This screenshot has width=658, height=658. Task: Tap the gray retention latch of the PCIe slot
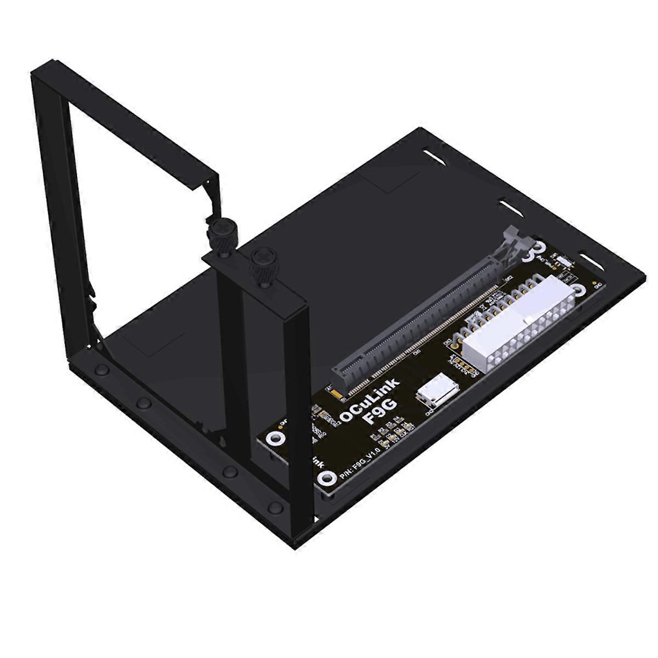[x=513, y=241]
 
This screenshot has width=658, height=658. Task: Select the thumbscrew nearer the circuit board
[x=258, y=266]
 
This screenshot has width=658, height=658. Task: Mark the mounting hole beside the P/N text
[x=327, y=479]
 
